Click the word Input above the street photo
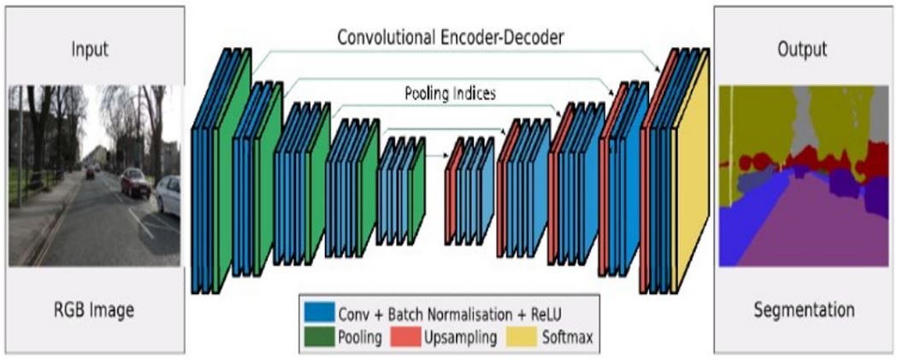pos(90,50)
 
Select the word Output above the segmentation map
pos(802,50)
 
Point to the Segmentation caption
pos(804,310)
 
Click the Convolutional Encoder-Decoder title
pos(451,38)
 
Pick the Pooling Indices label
pos(450,93)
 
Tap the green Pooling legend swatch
pos(320,337)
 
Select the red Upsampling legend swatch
pos(405,337)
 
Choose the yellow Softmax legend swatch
pos(521,337)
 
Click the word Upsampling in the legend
pos(460,338)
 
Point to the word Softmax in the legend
pos(567,338)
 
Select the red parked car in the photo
pos(135,183)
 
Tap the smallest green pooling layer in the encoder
pos(417,191)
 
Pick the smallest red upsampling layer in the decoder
pos(453,191)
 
